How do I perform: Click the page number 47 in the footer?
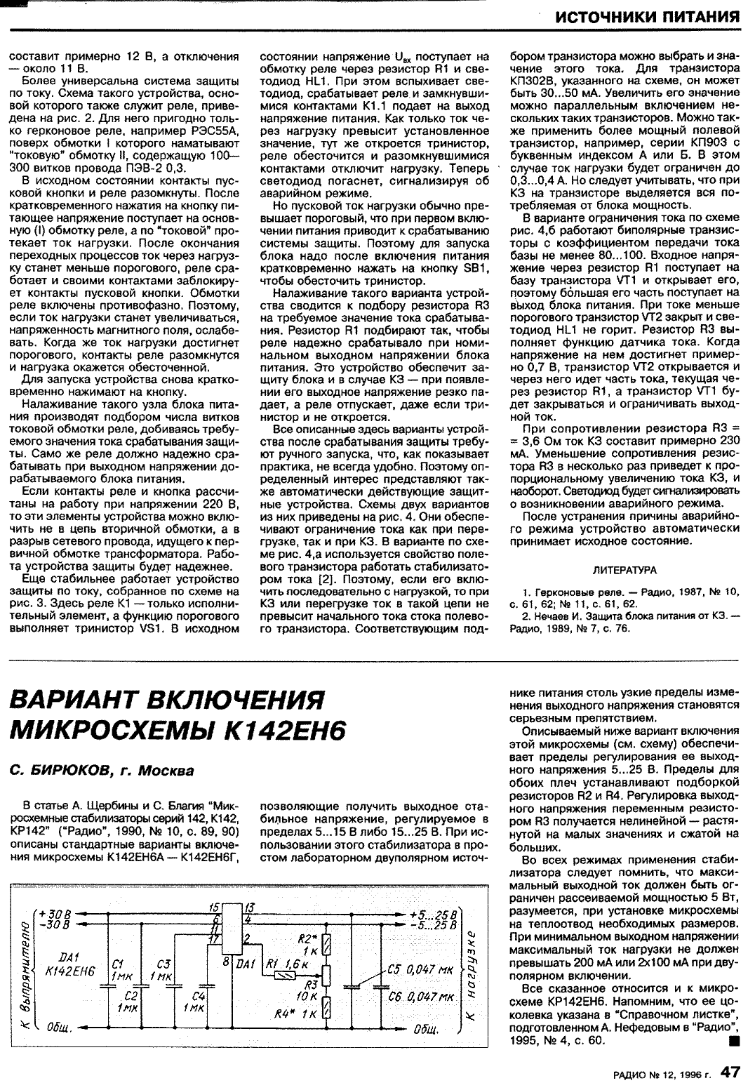tap(730, 1072)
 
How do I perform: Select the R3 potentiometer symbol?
tap(326, 977)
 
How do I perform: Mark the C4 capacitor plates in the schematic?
tap(208, 985)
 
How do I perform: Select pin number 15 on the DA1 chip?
tap(215, 908)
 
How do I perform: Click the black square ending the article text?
tap(734, 1040)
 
